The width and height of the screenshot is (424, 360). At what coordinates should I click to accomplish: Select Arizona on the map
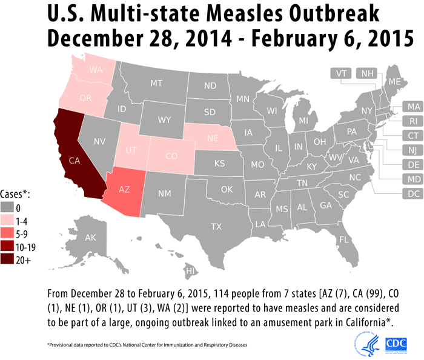(125, 189)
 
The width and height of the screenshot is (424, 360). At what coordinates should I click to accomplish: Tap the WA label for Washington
(96, 70)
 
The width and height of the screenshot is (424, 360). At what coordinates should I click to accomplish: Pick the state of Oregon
(85, 98)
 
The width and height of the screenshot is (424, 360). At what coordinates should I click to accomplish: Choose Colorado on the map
(171, 156)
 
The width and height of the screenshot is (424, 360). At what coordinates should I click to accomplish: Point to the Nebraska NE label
(213, 138)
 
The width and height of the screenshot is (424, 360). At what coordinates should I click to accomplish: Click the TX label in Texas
(216, 227)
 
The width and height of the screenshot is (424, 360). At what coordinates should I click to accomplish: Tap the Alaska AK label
(91, 238)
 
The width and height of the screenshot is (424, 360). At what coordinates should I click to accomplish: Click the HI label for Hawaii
(190, 270)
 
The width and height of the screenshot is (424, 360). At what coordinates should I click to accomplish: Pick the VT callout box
(342, 73)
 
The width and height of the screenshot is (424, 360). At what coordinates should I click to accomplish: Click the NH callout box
(368, 73)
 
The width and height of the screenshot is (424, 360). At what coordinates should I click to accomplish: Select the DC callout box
(414, 194)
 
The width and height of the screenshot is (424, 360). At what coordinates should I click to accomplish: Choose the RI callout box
(414, 121)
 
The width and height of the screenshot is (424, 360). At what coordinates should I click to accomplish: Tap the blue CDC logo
(396, 344)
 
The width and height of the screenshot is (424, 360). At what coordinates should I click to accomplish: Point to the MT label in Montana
(156, 83)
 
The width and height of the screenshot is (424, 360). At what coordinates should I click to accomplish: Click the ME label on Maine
(394, 82)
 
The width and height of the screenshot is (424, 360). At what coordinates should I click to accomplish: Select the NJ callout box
(414, 150)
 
